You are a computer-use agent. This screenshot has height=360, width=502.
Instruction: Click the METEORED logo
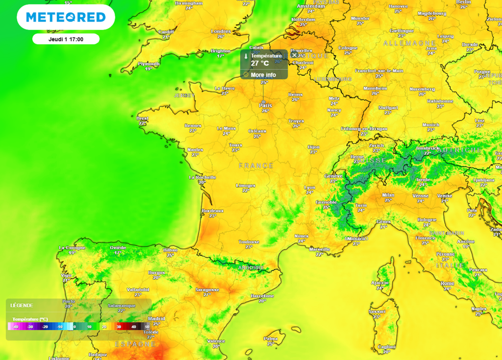click(x=66, y=18)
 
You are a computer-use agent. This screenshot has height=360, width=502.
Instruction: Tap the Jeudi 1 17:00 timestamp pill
click(x=66, y=39)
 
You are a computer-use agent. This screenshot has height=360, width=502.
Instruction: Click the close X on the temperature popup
click(x=294, y=55)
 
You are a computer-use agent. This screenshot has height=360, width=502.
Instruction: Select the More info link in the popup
click(x=263, y=75)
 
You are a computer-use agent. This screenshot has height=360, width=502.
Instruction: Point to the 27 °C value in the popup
click(x=260, y=63)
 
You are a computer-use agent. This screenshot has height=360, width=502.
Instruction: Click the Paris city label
click(x=265, y=105)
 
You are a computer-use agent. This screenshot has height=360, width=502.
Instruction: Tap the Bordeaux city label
click(x=212, y=211)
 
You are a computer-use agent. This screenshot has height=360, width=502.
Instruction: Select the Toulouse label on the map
click(x=249, y=242)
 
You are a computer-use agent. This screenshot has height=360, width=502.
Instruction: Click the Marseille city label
click(x=320, y=249)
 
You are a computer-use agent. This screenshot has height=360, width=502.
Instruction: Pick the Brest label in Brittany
click(x=143, y=118)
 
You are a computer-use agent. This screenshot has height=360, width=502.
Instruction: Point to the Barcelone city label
click(x=262, y=296)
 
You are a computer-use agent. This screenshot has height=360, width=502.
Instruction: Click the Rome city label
click(x=447, y=284)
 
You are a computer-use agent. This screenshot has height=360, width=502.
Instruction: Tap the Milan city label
click(x=388, y=195)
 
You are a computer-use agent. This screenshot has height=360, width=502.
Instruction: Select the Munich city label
click(x=430, y=125)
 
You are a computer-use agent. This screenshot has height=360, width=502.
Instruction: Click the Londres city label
click(x=221, y=31)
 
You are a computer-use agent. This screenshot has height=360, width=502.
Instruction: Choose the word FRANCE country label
click(x=256, y=166)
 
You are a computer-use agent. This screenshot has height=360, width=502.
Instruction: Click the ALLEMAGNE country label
click(x=409, y=43)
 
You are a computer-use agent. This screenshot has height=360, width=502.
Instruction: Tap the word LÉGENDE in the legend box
click(x=22, y=306)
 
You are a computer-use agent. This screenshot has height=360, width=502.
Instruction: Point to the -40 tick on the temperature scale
click(x=16, y=327)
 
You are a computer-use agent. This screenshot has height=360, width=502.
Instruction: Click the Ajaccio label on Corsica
click(x=379, y=283)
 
